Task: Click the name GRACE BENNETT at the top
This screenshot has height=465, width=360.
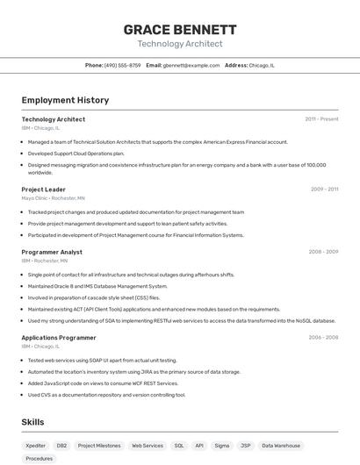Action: [x=180, y=30]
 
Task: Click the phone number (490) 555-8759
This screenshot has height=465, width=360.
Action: [x=122, y=65]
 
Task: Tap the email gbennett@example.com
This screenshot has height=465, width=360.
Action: [x=191, y=65]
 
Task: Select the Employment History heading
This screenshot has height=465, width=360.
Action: [x=65, y=100]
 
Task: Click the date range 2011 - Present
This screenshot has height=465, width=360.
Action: [x=321, y=119]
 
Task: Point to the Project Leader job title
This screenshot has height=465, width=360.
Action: [x=44, y=189]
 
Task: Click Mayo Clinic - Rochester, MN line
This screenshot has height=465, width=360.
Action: [x=54, y=198]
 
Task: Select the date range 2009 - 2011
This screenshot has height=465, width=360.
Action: [x=324, y=189]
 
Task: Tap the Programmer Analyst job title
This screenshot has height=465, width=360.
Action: [x=52, y=252]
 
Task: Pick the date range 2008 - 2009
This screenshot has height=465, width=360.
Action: [x=323, y=252]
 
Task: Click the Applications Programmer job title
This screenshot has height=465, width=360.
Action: [x=59, y=337]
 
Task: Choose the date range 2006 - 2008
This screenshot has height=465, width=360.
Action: [x=323, y=337]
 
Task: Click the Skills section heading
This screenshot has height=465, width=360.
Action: [x=32, y=422]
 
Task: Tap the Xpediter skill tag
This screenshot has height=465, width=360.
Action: [x=36, y=446]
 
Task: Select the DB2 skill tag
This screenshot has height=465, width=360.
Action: [x=61, y=446]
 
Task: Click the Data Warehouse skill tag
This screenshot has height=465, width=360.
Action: [x=280, y=446]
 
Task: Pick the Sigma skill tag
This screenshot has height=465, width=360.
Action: [x=221, y=446]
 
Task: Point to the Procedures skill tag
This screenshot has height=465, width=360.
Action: [x=40, y=458]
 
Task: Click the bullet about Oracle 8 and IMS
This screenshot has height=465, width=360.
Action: [x=97, y=286]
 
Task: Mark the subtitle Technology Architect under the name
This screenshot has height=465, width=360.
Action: [x=180, y=44]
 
